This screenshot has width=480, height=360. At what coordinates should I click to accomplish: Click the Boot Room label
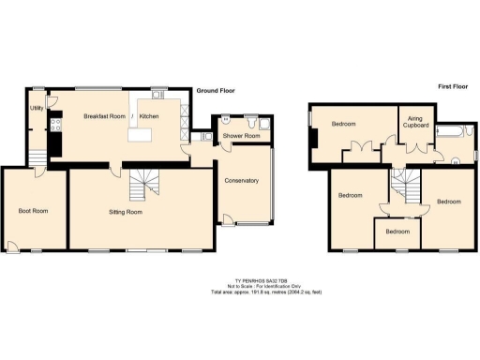tap(33, 211)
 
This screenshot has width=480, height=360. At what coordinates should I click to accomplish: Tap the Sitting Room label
tap(126, 213)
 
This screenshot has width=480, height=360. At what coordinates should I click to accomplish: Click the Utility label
tap(37, 108)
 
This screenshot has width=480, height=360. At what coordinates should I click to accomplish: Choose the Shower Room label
tap(239, 136)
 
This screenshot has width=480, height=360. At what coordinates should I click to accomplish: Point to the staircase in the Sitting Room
tap(142, 186)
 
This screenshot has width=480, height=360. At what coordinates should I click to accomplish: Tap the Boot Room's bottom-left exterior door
tap(11, 247)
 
